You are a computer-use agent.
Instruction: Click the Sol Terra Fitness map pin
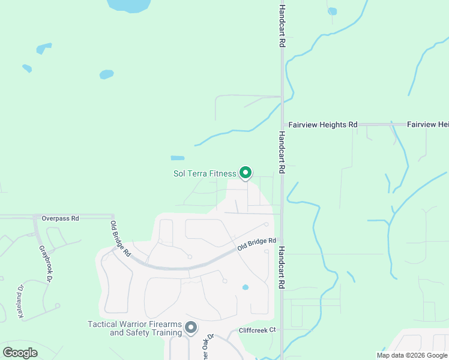(245, 173)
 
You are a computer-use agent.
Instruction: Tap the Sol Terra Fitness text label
(205, 174)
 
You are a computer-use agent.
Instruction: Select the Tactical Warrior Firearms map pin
(191, 328)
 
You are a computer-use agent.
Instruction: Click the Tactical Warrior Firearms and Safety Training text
(135, 328)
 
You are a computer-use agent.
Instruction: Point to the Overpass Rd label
(60, 218)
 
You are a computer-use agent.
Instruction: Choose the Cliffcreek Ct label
(256, 329)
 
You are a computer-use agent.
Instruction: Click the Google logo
(20, 352)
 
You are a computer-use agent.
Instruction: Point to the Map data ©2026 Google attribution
(412, 355)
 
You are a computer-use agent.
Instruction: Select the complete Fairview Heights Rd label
(322, 125)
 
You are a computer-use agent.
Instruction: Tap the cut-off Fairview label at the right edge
(427, 125)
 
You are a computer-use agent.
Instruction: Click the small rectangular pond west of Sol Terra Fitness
(178, 158)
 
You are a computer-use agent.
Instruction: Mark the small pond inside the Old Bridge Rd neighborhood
(245, 287)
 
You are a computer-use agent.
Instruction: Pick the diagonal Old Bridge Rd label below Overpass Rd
(120, 239)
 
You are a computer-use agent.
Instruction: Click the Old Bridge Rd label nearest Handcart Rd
(256, 244)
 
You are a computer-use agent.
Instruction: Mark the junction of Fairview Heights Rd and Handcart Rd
(282, 125)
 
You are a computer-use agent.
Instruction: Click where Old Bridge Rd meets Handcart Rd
(282, 239)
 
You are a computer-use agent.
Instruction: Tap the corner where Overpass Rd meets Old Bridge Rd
(112, 216)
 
